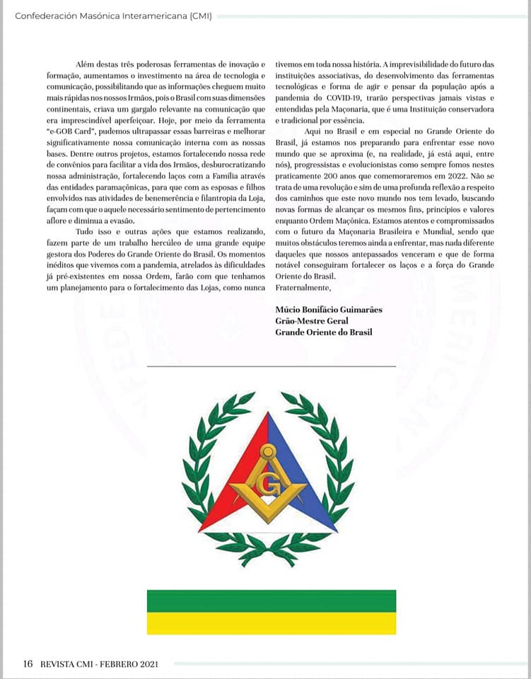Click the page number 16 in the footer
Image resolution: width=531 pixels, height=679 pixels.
[28, 663]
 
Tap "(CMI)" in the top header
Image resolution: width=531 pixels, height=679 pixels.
[200, 15]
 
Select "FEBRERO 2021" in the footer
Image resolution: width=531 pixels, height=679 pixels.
[129, 663]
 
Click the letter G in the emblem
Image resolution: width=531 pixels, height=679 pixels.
[267, 486]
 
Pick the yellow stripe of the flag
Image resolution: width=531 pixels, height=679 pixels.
[272, 623]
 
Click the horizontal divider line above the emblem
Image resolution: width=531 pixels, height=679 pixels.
[272, 366]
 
